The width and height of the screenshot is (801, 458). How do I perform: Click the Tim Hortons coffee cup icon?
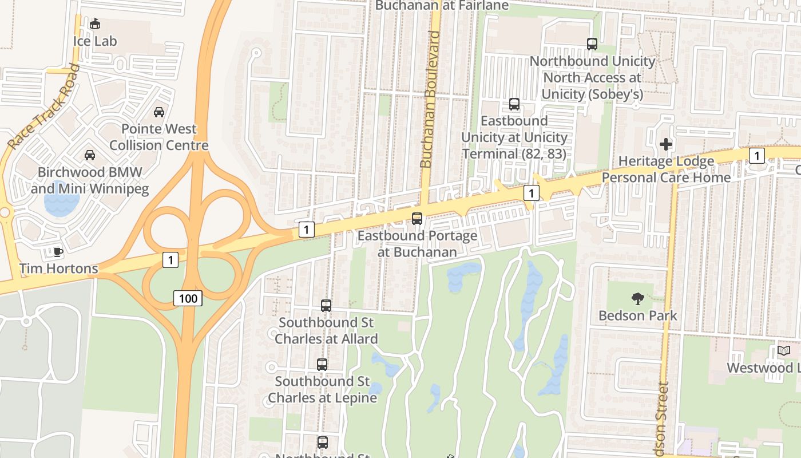58,252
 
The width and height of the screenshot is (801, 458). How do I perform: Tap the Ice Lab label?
95,41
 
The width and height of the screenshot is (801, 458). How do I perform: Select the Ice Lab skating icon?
95,24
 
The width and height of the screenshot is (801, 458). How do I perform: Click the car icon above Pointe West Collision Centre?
159,112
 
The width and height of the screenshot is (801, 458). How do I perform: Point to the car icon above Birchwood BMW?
90,155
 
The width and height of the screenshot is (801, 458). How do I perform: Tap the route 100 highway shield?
188,298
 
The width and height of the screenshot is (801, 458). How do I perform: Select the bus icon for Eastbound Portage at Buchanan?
417,218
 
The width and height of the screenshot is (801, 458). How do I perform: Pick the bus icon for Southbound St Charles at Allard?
326,306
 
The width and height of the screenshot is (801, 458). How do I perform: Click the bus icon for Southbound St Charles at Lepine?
322,365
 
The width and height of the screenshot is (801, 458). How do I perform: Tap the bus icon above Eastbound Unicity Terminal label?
514,104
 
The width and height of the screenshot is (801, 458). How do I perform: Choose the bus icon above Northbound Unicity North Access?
592,44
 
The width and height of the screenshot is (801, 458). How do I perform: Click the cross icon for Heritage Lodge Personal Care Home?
666,144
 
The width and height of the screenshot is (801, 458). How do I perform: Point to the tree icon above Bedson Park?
637,298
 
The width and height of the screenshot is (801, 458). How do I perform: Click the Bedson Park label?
637,315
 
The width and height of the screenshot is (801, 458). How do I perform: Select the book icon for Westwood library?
784,350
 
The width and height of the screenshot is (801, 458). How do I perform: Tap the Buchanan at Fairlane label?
442,6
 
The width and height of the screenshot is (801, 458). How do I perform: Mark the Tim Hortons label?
58,268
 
